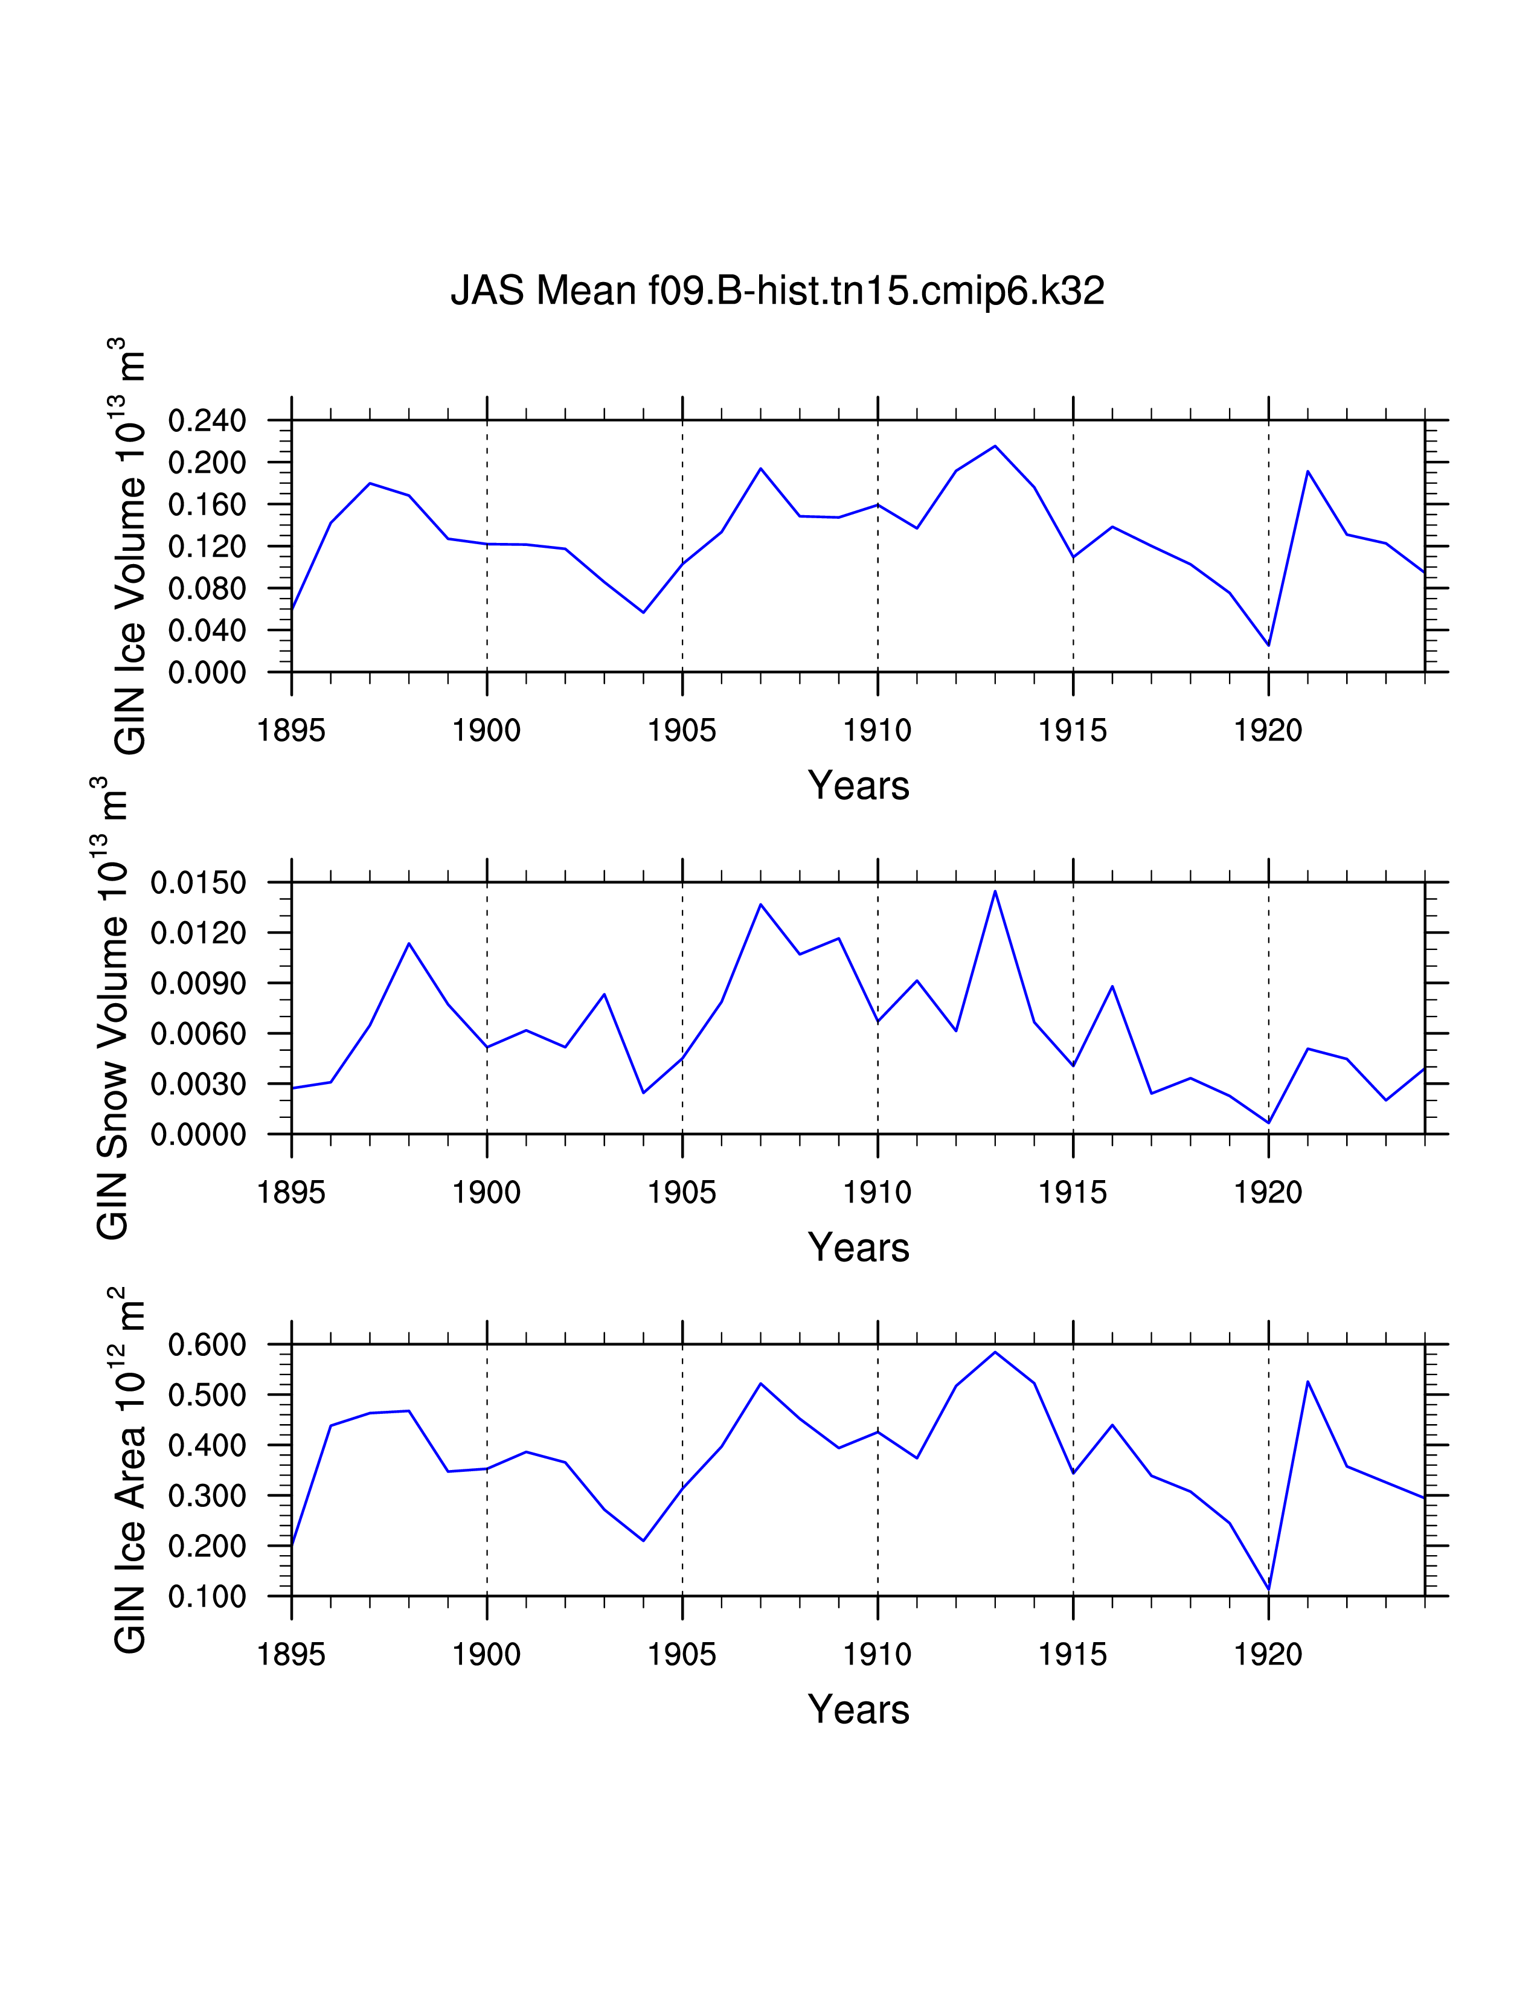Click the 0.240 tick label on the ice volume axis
207,421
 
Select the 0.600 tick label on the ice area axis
207,1344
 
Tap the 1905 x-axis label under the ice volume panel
681,730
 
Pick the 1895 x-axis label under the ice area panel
291,1654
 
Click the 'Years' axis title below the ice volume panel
859,786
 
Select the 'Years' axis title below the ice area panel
859,1709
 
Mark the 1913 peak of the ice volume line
995,446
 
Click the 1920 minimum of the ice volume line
1268,645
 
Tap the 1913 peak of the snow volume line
995,891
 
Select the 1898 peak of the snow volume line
409,943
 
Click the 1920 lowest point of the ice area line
1268,1590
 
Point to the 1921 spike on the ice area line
1307,1382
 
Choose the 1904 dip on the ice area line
643,1541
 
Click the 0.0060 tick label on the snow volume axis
198,1034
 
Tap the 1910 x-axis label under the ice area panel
877,1654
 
